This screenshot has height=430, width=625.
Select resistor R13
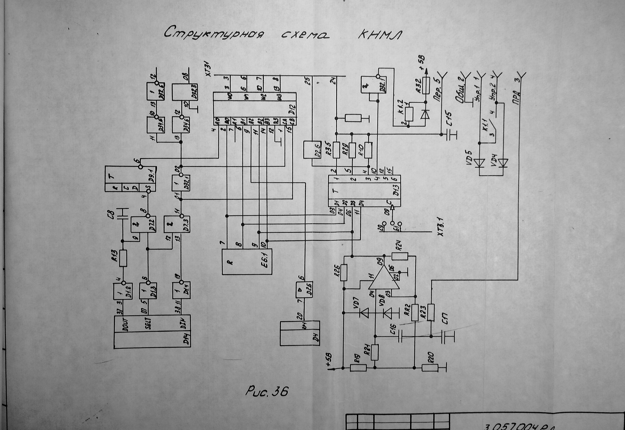123,258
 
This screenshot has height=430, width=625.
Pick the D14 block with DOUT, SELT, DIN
152,331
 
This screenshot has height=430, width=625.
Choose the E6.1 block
247,261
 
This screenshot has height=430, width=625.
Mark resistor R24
400,256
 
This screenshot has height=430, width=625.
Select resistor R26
344,273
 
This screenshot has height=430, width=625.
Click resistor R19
358,367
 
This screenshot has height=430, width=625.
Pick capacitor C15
449,134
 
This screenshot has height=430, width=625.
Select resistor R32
426,86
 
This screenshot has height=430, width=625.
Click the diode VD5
480,163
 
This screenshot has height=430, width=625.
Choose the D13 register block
364,191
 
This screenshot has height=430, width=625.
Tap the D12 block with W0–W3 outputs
254,109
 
